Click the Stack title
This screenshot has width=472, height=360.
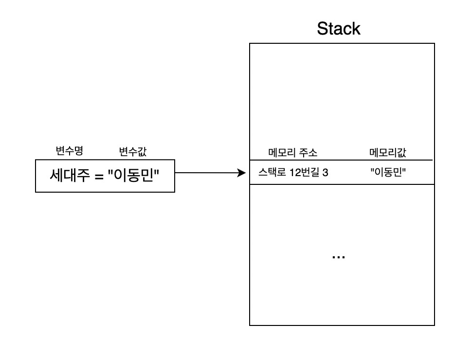(339, 29)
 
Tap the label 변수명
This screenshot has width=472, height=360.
(69, 150)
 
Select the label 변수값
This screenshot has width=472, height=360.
(133, 151)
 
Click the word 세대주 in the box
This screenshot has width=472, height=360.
(70, 175)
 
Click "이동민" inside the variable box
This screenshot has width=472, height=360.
(133, 175)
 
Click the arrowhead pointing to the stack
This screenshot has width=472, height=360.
(241, 173)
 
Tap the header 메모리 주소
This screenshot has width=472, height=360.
(292, 153)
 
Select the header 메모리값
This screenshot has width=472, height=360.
(388, 153)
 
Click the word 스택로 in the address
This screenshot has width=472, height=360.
(272, 173)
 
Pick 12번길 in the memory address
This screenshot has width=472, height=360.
(304, 173)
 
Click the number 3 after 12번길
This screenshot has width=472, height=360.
(325, 173)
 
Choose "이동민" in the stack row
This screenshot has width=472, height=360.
(388, 172)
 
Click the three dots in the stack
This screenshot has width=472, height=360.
(339, 257)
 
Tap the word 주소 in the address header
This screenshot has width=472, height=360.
(308, 153)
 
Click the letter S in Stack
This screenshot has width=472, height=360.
(323, 29)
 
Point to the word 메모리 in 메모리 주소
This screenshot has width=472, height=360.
(282, 153)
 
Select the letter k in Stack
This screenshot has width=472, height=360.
(357, 29)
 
